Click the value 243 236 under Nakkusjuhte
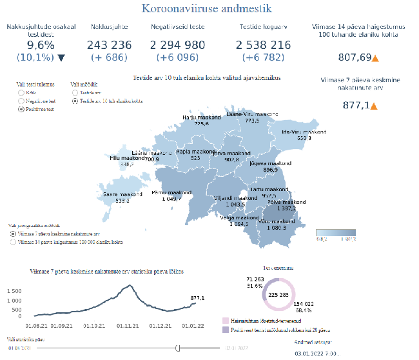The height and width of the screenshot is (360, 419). (x=109, y=45)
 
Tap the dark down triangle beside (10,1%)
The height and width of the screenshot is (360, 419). (x=61, y=57)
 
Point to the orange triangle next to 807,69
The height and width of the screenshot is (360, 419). (x=375, y=58)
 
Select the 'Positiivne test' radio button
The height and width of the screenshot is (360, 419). (x=21, y=109)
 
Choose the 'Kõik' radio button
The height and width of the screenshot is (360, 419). (x=21, y=93)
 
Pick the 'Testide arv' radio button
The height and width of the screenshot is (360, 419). (x=75, y=93)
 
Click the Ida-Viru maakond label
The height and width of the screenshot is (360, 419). (x=305, y=132)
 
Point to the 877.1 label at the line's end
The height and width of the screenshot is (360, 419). (x=197, y=297)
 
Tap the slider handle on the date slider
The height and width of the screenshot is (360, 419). (x=177, y=348)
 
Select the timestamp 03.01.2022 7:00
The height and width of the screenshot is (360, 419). (x=317, y=354)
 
